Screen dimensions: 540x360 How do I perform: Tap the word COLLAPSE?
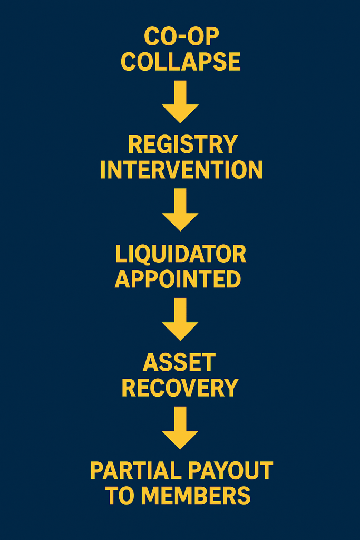181,62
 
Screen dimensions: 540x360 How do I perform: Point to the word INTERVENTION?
181,170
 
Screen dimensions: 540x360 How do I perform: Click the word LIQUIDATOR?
181,254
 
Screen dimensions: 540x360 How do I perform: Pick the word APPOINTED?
178,279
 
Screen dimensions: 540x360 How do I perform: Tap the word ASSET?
179,363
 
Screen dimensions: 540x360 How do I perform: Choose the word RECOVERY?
180,388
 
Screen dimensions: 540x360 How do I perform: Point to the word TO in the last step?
120,496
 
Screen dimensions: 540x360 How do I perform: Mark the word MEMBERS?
196,496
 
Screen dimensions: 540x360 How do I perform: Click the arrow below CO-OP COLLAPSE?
180,101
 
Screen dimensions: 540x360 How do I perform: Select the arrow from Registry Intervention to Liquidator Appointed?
180,209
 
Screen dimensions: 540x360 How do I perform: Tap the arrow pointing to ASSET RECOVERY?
180,319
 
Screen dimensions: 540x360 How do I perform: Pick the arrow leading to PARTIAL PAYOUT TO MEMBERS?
180,427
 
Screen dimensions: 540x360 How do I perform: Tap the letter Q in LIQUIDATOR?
145,255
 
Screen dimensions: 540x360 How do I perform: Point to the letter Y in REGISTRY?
230,144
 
